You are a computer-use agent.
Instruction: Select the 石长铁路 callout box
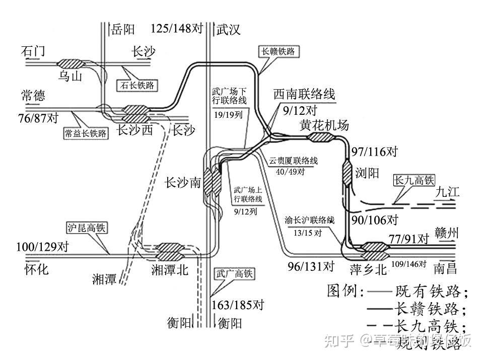tap(136, 85)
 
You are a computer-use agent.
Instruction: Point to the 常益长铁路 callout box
tap(85, 133)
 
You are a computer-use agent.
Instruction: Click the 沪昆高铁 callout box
tap(86, 228)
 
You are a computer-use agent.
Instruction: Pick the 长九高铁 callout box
tap(414, 180)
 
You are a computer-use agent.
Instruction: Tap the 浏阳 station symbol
tap(347, 173)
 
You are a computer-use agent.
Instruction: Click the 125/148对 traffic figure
tap(176, 29)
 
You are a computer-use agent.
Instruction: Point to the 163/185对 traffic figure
tap(238, 305)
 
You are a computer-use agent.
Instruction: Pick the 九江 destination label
tap(447, 192)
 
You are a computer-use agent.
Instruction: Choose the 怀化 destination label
tap(37, 269)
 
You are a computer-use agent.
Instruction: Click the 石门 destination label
tap(34, 51)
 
